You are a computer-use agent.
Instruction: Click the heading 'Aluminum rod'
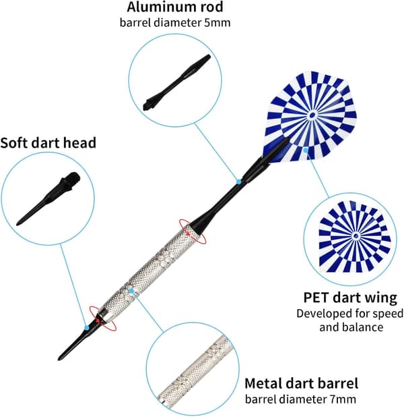tap(174, 7)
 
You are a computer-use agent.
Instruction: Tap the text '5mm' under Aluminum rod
tap(217, 23)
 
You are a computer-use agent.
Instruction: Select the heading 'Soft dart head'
tap(48, 143)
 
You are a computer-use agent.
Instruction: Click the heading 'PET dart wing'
tap(350, 298)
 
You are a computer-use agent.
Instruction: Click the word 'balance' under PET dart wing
tap(363, 327)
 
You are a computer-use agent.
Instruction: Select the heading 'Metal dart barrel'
tap(301, 383)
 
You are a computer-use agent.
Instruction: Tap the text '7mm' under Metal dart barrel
tap(343, 399)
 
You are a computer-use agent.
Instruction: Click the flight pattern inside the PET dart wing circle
tap(355, 236)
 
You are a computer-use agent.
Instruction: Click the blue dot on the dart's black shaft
tap(238, 182)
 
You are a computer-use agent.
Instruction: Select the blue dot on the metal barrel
tap(131, 291)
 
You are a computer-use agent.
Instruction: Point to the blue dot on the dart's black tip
tap(86, 328)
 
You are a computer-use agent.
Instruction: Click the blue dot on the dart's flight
tap(306, 150)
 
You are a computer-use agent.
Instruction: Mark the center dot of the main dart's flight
tap(312, 115)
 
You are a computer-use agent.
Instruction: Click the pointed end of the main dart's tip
tap(59, 359)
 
